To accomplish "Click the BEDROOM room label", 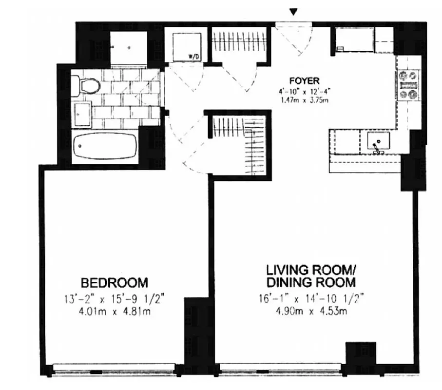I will [114, 282].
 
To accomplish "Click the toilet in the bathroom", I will [87, 86].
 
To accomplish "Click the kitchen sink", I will [378, 141].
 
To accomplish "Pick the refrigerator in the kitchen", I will [353, 39].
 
